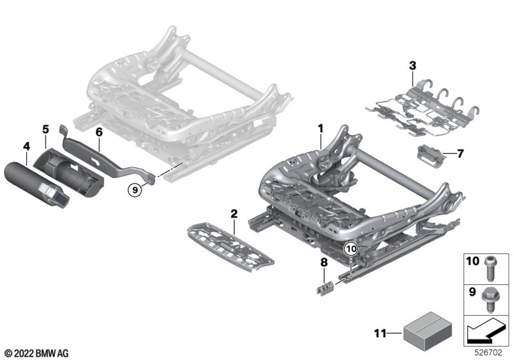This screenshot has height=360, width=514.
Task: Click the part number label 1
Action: tap(319, 129)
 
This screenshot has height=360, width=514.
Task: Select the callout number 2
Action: tap(234, 213)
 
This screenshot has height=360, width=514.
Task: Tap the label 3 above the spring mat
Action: tap(412, 64)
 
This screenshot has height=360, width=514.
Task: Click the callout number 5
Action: tap(46, 129)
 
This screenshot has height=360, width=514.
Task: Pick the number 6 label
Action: tap(99, 132)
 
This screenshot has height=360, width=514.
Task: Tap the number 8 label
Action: tap(324, 262)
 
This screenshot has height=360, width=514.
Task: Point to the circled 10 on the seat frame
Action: tap(350, 248)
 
